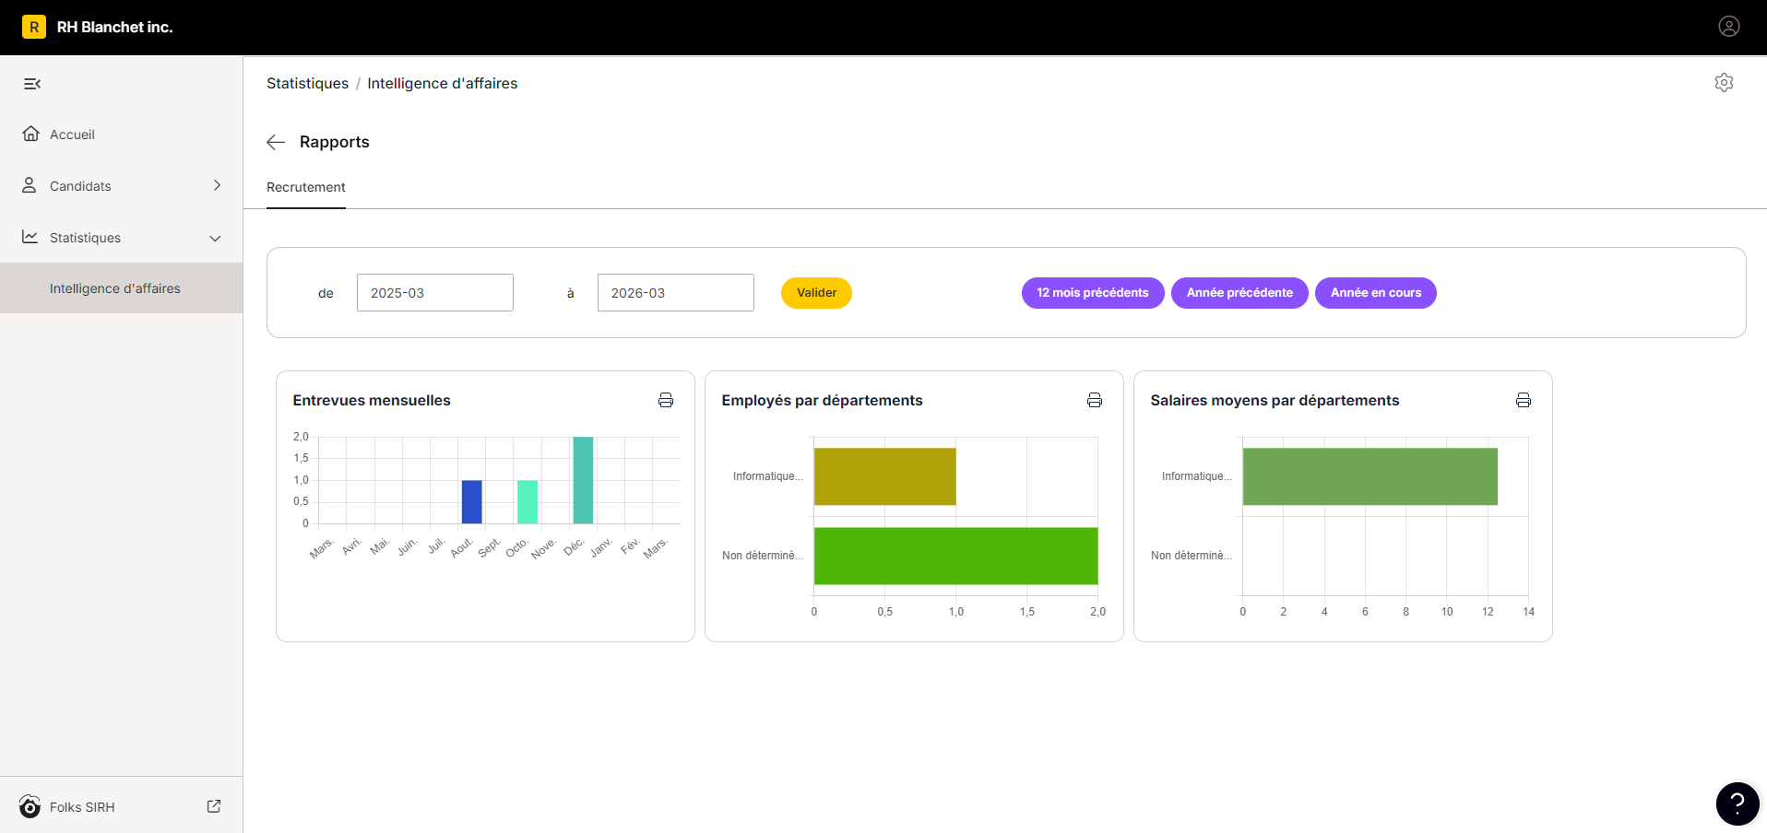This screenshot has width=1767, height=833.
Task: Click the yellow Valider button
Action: pyautogui.click(x=816, y=293)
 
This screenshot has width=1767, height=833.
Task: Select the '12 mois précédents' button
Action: pyautogui.click(x=1093, y=293)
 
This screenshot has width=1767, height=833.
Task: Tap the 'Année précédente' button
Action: pyautogui.click(x=1239, y=293)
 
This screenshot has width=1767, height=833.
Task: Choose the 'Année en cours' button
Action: pyautogui.click(x=1376, y=293)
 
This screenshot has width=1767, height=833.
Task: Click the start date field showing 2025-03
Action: pyautogui.click(x=435, y=293)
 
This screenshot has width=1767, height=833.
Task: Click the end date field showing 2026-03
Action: pyautogui.click(x=676, y=293)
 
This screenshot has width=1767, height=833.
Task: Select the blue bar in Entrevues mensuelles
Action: pyautogui.click(x=471, y=501)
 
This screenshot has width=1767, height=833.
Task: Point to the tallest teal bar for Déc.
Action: pyautogui.click(x=583, y=480)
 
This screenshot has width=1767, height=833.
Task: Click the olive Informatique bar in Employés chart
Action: pyautogui.click(x=885, y=476)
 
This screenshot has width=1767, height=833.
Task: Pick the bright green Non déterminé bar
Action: pyautogui.click(x=956, y=556)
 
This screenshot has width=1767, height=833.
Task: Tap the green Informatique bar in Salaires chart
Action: pyautogui.click(x=1370, y=476)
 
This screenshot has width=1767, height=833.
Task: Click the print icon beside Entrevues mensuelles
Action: pyautogui.click(x=666, y=400)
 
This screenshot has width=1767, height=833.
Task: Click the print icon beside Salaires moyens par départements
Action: pyautogui.click(x=1524, y=400)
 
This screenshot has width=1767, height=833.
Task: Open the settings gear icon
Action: pyautogui.click(x=1724, y=83)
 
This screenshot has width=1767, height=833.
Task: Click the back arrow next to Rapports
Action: pyautogui.click(x=276, y=142)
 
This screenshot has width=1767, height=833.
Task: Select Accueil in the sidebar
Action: pyautogui.click(x=72, y=135)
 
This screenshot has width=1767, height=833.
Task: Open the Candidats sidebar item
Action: pyautogui.click(x=80, y=186)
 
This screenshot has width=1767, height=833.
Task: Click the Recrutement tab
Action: pyautogui.click(x=306, y=187)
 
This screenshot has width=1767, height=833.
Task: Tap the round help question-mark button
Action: pyautogui.click(x=1737, y=804)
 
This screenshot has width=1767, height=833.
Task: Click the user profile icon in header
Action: pyautogui.click(x=1729, y=27)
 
